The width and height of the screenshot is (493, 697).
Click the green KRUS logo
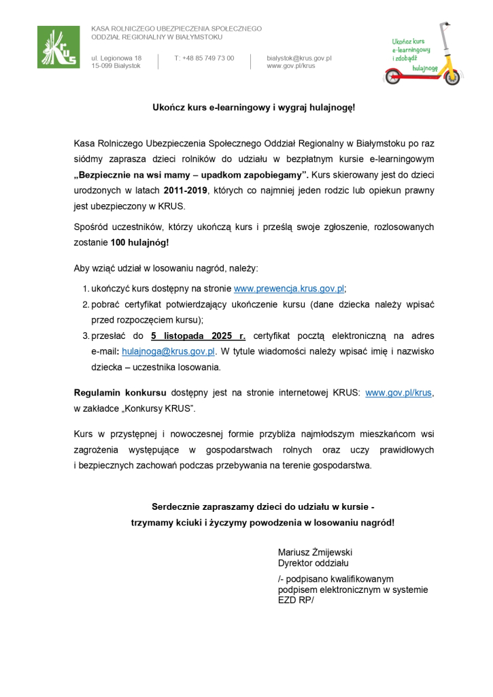57,46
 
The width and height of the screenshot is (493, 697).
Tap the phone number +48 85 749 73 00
204,58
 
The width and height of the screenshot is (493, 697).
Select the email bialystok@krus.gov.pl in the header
299,58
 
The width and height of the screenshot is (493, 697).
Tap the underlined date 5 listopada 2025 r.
198,336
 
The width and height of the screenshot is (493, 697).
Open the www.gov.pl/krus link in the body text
398,393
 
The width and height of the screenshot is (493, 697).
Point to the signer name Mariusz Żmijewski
315,552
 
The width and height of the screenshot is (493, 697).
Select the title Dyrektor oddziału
313,563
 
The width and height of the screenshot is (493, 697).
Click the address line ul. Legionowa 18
116,58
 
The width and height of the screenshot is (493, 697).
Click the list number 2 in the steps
86,304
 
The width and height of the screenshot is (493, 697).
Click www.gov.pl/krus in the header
290,66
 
